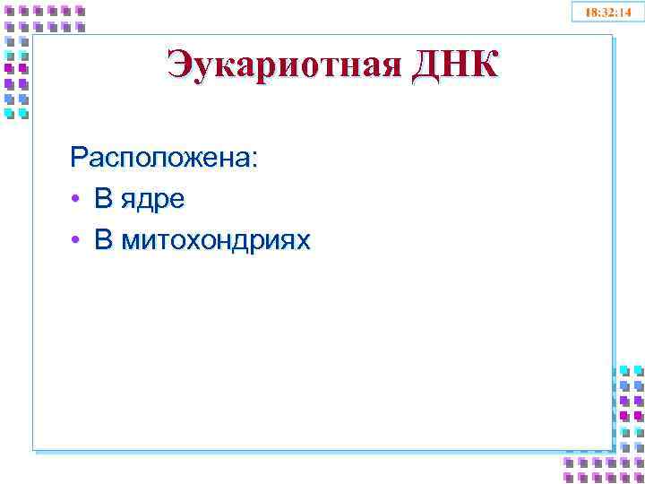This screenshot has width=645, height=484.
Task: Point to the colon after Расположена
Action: pyautogui.click(x=254, y=160)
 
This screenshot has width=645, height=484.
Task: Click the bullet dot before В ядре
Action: pyautogui.click(x=78, y=200)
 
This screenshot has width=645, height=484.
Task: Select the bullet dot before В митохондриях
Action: pyautogui.click(x=78, y=241)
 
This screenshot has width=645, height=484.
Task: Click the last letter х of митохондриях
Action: pyautogui.click(x=303, y=242)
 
